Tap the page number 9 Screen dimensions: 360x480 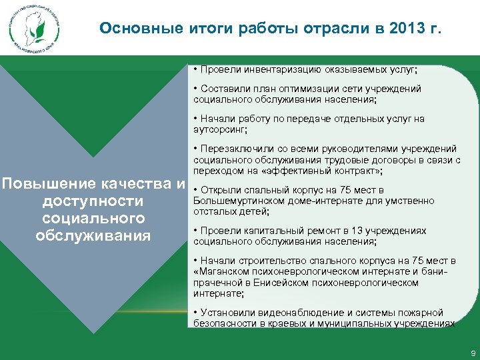[x=473, y=351]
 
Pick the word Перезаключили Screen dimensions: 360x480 [x=231, y=149]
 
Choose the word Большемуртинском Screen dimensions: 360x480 [x=234, y=201]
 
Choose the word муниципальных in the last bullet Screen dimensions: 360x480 [x=363, y=323]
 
